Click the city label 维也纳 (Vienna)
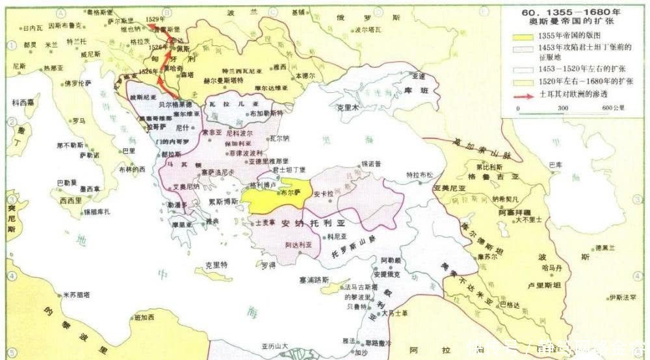coord(128,29)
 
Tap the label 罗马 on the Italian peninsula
coord(79,121)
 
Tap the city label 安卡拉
coord(324,194)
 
